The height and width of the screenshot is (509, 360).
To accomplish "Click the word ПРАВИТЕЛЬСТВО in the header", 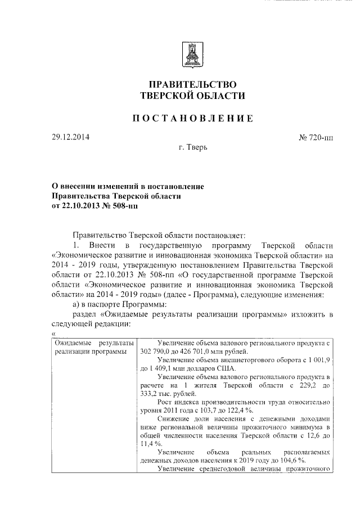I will [192, 83].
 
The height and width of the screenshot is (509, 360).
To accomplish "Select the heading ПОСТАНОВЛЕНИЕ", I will [192, 118].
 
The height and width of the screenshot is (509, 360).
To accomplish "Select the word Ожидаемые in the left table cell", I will [73, 343].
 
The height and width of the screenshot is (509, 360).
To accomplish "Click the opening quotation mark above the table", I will [52, 335].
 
